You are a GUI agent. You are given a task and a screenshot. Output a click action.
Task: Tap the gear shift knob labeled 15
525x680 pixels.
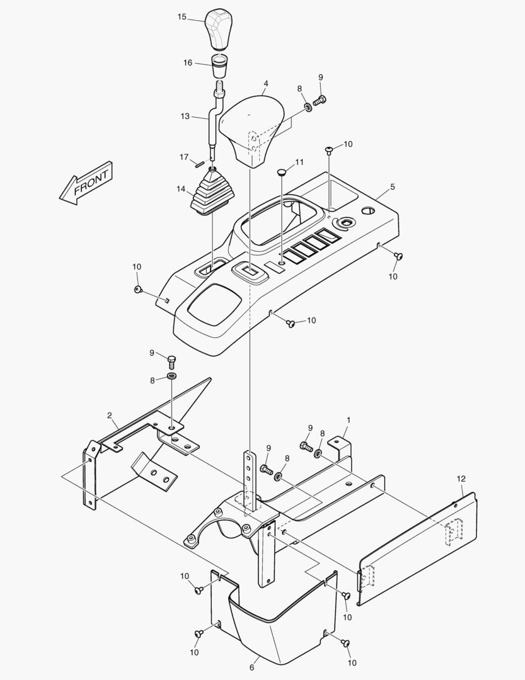point(217,30)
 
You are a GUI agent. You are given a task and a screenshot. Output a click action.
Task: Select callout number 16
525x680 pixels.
point(188,62)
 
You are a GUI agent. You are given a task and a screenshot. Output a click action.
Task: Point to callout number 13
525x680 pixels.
point(185,116)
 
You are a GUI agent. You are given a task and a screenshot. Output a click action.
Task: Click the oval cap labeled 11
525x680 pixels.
point(282,171)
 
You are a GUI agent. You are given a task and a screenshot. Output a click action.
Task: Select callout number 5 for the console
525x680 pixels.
point(392,187)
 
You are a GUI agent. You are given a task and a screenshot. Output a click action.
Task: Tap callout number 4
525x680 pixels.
point(266,83)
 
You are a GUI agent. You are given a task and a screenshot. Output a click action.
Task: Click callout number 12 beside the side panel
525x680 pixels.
point(461,479)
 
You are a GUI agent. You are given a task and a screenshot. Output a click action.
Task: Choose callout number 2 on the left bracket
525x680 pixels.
point(110,416)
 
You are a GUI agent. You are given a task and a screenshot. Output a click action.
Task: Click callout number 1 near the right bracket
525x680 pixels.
point(348,419)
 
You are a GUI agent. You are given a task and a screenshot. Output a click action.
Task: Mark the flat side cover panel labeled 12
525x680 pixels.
point(416,548)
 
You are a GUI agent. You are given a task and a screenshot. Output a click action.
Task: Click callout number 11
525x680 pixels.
point(299,162)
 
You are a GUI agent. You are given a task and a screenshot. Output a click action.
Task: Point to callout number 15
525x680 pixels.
point(182,17)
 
